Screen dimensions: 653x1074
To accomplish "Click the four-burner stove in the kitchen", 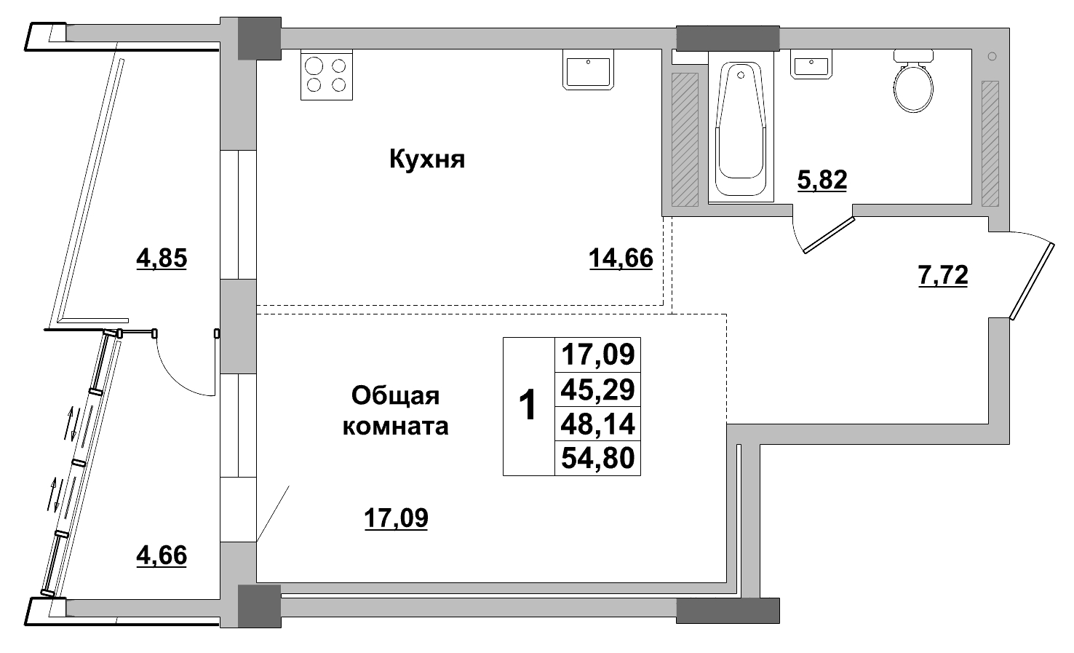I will pyautogui.click(x=326, y=75).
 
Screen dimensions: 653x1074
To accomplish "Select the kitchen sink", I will pyautogui.click(x=589, y=71).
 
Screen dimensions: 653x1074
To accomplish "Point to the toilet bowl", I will pyautogui.click(x=913, y=84).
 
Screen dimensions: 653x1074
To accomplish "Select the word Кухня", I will pyautogui.click(x=427, y=159).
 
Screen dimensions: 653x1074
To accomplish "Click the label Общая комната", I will pyautogui.click(x=395, y=411).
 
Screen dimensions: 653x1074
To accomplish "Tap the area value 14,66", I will pyautogui.click(x=621, y=258).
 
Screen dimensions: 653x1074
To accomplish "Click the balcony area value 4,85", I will pyautogui.click(x=162, y=258).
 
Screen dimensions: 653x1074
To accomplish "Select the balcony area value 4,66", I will pyautogui.click(x=162, y=555).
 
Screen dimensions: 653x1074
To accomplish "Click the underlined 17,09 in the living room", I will pyautogui.click(x=396, y=518).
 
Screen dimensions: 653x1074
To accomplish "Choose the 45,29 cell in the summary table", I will pyautogui.click(x=597, y=389).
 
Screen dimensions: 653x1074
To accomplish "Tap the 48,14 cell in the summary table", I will pyautogui.click(x=597, y=423).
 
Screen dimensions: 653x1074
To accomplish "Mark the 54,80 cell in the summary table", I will pyautogui.click(x=597, y=458).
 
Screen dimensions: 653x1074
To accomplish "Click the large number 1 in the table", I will pyautogui.click(x=528, y=405).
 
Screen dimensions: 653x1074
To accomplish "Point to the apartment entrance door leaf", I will pyautogui.click(x=1033, y=280).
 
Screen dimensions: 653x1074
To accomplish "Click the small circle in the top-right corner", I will pyautogui.click(x=993, y=56).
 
